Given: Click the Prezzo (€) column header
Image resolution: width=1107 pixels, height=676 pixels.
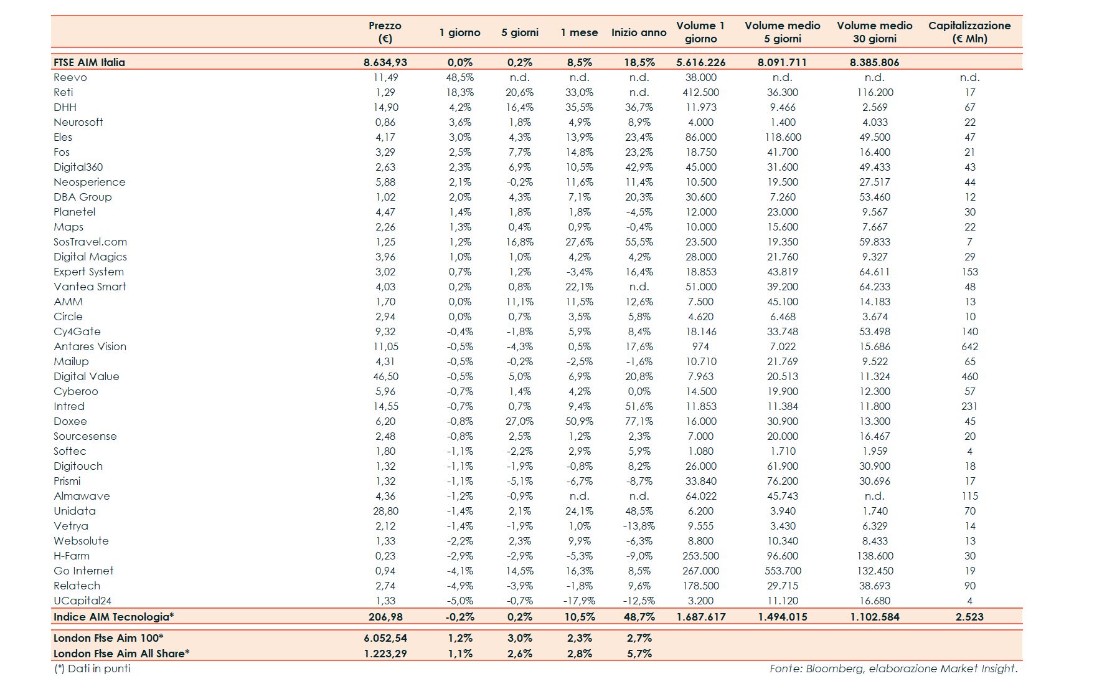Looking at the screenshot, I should [x=385, y=32].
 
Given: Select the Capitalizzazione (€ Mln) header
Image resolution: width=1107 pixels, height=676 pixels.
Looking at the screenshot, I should [x=969, y=32].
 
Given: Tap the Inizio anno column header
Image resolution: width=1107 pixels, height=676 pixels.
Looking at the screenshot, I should [x=639, y=32].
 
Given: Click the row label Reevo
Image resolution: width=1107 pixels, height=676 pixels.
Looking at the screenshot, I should [x=70, y=77].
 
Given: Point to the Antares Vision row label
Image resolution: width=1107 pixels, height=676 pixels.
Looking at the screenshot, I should [x=90, y=346].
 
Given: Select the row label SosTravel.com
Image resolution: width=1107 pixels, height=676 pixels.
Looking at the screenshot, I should [x=90, y=242].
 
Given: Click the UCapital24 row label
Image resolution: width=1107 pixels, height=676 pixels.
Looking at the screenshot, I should [x=82, y=601].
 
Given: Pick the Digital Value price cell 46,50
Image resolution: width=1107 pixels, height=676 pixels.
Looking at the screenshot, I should [x=385, y=376].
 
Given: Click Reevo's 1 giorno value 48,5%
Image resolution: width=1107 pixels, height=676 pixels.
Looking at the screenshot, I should [x=459, y=77].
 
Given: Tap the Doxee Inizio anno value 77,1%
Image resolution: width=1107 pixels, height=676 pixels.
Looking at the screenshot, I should [x=639, y=421].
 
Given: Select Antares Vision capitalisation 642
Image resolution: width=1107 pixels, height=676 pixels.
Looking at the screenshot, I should [x=969, y=346].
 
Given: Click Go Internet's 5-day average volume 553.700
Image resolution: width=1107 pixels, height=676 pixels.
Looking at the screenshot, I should [x=783, y=571].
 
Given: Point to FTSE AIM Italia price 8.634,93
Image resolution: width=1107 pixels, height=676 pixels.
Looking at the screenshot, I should [x=385, y=62].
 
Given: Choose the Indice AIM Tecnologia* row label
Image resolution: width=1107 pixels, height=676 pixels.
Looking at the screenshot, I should [x=113, y=617].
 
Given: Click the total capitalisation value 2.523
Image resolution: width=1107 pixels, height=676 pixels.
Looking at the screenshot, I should [x=969, y=617].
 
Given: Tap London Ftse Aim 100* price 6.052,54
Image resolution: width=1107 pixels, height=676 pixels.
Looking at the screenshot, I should [x=385, y=638].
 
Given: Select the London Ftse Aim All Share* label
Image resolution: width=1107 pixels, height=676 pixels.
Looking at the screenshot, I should [x=121, y=654].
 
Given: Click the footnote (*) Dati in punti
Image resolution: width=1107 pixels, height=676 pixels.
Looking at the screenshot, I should [x=92, y=669].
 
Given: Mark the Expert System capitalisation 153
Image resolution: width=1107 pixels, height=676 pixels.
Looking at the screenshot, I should [x=969, y=272].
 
